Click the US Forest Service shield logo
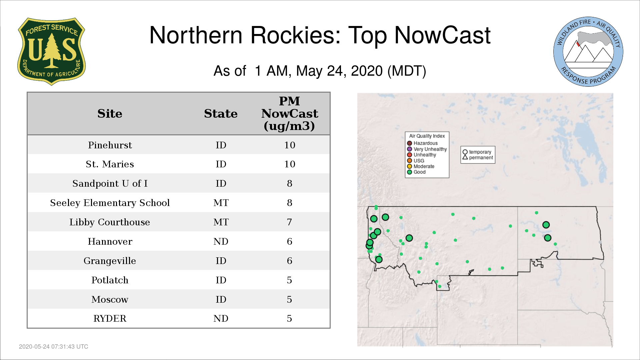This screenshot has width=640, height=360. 51,51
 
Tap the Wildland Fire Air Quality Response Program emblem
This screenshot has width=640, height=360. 588,52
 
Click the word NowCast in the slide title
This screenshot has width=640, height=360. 442,35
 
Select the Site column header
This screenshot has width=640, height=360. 110,114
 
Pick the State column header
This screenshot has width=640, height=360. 221,114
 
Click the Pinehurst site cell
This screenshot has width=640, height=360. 110,145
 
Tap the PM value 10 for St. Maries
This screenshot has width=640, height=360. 290,164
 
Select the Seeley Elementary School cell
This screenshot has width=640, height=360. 110,203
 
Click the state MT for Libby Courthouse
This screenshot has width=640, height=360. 221,222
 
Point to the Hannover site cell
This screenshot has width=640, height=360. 110,241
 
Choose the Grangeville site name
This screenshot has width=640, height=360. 110,261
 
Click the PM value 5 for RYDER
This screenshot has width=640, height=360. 289,319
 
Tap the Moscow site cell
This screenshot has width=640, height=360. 110,299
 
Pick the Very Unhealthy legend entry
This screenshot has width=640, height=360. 427,149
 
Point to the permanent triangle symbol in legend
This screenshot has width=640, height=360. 465,157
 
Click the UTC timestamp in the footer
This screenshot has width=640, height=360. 54,347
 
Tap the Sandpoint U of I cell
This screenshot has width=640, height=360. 110,183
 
